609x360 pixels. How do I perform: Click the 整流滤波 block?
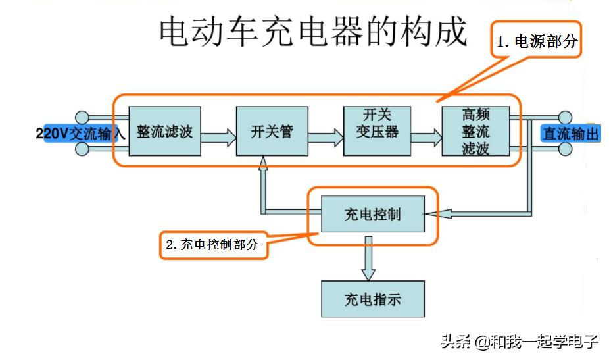point(164,130)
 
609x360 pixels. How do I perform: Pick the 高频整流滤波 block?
point(475,130)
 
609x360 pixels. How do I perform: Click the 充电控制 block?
point(372,214)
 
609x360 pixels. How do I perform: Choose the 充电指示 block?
point(372,299)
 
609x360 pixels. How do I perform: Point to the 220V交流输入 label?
point(80,134)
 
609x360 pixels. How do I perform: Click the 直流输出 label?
point(570,134)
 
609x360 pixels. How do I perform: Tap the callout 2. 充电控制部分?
point(214,245)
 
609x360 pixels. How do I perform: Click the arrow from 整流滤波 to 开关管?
point(218,138)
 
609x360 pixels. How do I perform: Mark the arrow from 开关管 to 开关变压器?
point(325,138)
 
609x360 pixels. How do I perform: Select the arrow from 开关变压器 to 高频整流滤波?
point(426,138)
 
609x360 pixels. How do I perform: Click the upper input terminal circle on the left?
point(82,117)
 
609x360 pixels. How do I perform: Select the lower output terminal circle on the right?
point(565,149)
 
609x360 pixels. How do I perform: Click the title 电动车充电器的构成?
point(313,32)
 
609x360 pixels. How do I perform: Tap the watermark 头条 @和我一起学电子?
point(519,342)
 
